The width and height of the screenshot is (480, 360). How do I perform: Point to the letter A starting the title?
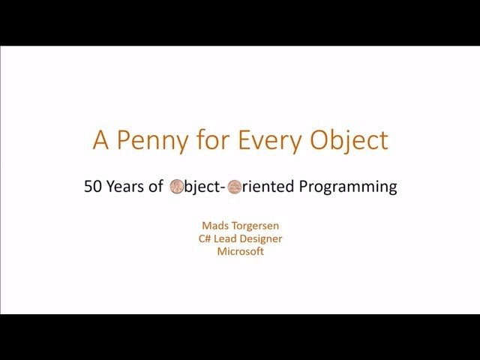[x=100, y=140]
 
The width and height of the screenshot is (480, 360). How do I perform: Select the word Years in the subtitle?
[x=124, y=187]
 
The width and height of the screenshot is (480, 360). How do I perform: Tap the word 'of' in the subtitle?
[x=156, y=187]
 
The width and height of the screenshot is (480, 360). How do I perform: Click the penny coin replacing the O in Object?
[x=177, y=187]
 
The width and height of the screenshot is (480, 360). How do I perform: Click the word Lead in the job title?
[x=226, y=238]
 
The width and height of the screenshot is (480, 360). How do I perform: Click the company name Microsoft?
[x=240, y=251]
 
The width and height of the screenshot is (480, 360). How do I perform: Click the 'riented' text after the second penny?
[x=268, y=187]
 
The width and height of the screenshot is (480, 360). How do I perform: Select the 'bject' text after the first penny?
[x=202, y=187]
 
